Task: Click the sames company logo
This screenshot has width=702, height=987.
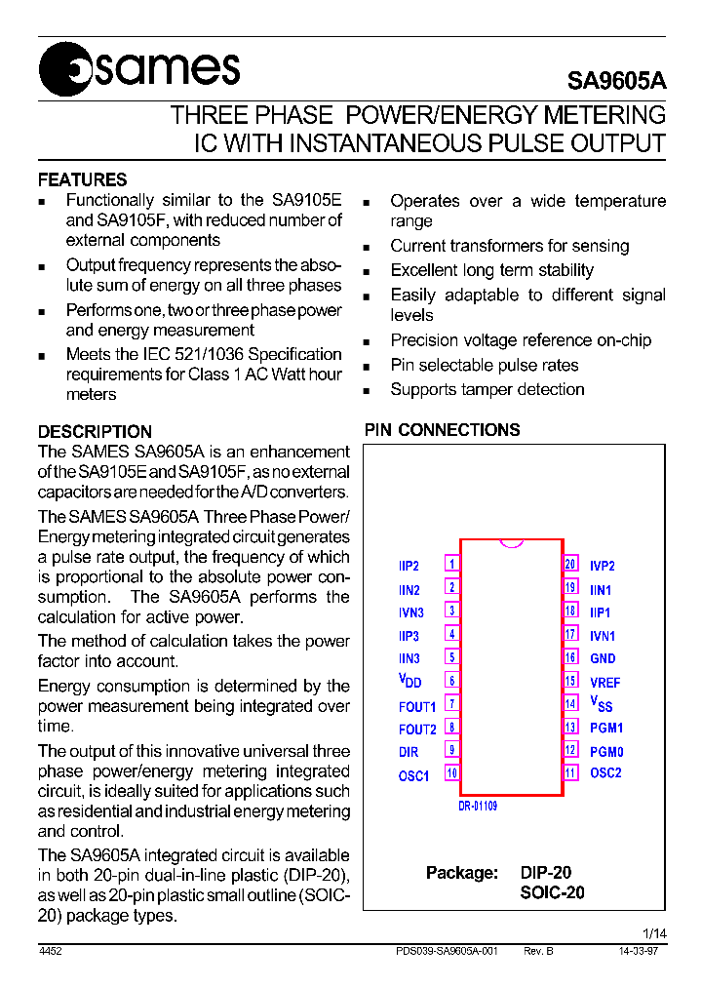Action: coord(138,70)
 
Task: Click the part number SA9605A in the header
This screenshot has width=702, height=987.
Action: coord(616,82)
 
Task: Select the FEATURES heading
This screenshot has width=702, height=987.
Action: coord(82,179)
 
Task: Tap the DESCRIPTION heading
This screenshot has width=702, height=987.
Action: coord(95,431)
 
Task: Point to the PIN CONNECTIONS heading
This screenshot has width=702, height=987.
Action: coord(442,430)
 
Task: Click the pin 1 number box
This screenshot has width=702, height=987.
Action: coord(452,564)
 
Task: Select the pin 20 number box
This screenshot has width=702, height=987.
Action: coord(571,564)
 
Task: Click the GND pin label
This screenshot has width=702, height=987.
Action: coord(603,659)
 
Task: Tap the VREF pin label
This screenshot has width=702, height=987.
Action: coord(604,683)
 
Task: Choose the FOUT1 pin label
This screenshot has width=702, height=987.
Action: coord(417,706)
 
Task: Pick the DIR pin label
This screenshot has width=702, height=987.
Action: coord(409,752)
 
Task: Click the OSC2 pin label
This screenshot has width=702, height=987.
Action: coord(605,773)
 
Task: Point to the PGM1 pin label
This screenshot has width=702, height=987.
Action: coord(606,728)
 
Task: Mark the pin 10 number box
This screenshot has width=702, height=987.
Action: coord(452,773)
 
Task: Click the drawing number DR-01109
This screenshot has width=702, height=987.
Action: coord(478,807)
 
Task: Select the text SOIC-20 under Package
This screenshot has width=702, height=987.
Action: coord(552,892)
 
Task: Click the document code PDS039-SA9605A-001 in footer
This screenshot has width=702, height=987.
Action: coord(448,951)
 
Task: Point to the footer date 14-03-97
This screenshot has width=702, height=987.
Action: coord(638,951)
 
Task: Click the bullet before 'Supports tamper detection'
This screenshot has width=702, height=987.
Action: coord(367,391)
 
